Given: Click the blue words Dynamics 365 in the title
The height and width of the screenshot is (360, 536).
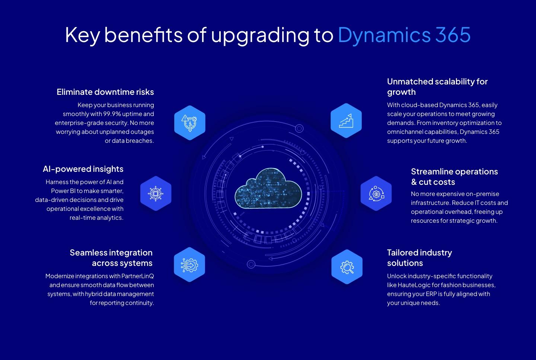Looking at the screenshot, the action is (404, 35).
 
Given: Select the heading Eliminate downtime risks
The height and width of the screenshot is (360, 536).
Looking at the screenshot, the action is (105, 92).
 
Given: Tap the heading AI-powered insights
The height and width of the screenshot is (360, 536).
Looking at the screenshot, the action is (83, 169).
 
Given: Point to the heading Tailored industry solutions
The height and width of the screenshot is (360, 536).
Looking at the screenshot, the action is (419, 258).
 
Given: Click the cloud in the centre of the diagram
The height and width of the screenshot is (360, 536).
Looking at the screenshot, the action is (268, 188).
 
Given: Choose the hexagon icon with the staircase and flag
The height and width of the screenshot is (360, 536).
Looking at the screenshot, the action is (346, 120).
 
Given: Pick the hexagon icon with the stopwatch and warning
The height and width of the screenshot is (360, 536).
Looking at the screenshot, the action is (190, 123).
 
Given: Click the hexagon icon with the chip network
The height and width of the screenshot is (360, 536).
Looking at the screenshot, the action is (156, 193).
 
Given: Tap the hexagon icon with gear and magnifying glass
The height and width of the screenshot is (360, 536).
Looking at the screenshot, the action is (347, 267).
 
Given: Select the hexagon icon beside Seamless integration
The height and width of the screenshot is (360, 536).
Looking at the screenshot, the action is (189, 265).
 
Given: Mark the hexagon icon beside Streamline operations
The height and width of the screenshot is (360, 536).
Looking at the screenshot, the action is (376, 193).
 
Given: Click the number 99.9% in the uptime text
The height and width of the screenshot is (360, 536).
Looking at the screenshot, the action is (112, 114).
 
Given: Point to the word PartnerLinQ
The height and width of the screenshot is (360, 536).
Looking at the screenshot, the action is (138, 276).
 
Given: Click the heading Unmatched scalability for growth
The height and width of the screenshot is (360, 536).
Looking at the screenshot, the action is (437, 87).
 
